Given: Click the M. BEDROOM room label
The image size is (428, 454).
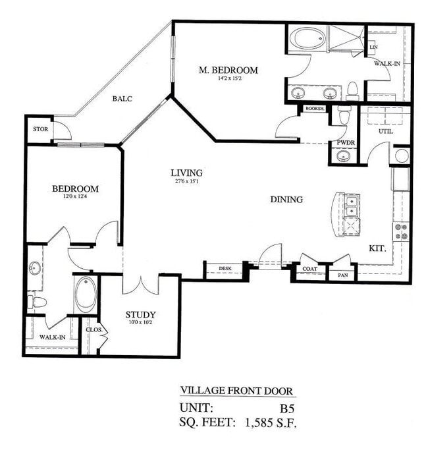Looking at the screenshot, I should [x=228, y=71].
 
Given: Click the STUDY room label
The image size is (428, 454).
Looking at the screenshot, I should [x=141, y=314].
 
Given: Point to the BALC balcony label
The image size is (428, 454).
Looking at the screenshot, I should [x=122, y=99].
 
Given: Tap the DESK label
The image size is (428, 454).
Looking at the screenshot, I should [x=225, y=269].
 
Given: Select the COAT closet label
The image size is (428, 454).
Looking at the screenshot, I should [x=310, y=269].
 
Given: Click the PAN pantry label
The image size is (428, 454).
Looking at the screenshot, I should [x=342, y=275].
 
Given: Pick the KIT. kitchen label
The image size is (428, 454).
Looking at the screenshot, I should [x=378, y=249].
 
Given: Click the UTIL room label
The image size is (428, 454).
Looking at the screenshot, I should [x=385, y=132].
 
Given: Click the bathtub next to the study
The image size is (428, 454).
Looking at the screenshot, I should [x=86, y=295].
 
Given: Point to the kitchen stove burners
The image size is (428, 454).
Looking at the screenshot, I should [x=400, y=230].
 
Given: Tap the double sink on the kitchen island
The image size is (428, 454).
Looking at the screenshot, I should [x=351, y=208].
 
